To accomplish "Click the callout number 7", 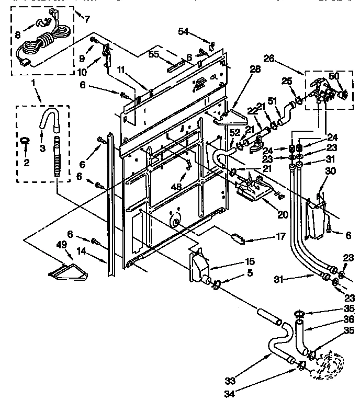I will pyautogui.click(x=87, y=19).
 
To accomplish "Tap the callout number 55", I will pyautogui.click(x=154, y=53).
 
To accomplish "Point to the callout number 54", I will pyautogui.click(x=183, y=32).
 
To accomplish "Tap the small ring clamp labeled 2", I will pyautogui.click(x=26, y=142).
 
